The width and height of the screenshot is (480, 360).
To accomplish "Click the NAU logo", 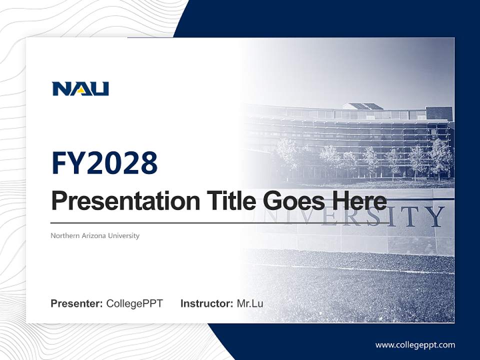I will [x=80, y=89].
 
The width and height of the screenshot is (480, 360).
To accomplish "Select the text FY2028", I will [x=104, y=162].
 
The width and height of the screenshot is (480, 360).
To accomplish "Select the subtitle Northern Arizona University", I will [x=95, y=235].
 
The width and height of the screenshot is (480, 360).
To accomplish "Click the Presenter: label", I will [x=77, y=303].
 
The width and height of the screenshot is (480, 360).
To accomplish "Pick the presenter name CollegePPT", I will [x=134, y=303].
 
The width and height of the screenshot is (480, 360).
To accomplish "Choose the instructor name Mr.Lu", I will [x=250, y=303].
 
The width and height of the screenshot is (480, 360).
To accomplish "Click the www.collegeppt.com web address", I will [x=415, y=345].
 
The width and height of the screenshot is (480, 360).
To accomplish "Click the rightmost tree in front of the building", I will [x=440, y=157].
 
